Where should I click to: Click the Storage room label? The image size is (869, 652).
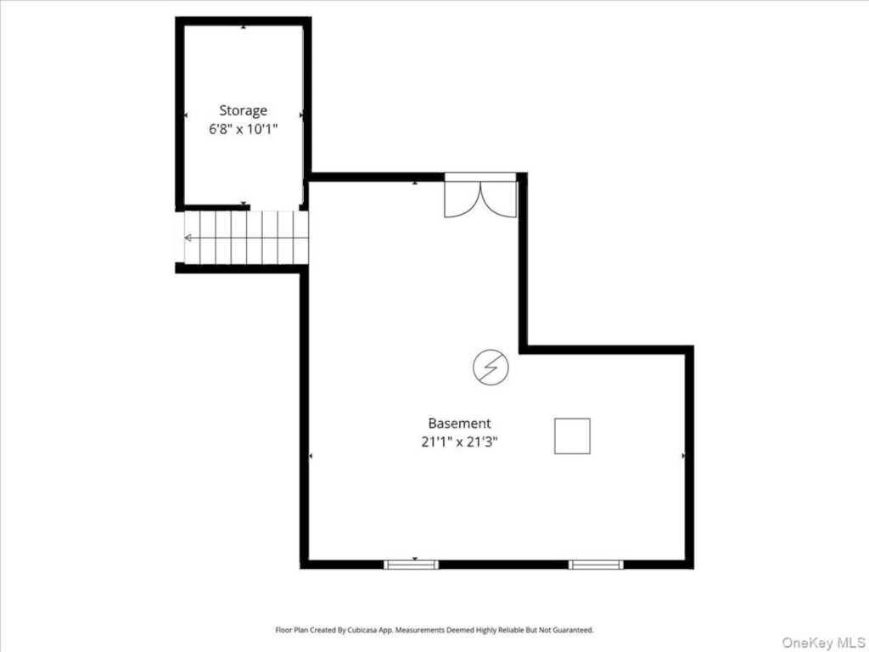[x=243, y=111]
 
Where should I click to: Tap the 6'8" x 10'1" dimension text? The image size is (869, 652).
[x=243, y=129]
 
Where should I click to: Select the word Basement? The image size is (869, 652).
[x=459, y=424]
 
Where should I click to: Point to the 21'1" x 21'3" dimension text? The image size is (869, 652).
[x=459, y=441]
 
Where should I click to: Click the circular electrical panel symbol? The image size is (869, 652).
[x=491, y=367]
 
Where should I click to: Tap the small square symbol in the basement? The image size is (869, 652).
[x=572, y=436]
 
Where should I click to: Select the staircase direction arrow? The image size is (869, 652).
[x=246, y=238]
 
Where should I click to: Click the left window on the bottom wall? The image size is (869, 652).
[x=412, y=565]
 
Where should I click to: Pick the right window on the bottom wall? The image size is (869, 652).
[x=596, y=565]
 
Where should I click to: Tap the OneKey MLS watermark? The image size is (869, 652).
[x=823, y=643]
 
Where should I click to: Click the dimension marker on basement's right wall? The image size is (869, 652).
[x=683, y=456]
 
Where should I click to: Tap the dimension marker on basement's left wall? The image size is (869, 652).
[x=311, y=456]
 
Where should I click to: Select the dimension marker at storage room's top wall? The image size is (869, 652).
[x=244, y=26]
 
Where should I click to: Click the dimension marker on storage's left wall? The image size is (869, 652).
[x=186, y=115]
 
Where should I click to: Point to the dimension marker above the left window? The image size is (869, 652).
[x=414, y=559]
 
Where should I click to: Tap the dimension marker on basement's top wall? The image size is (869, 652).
[x=414, y=183]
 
